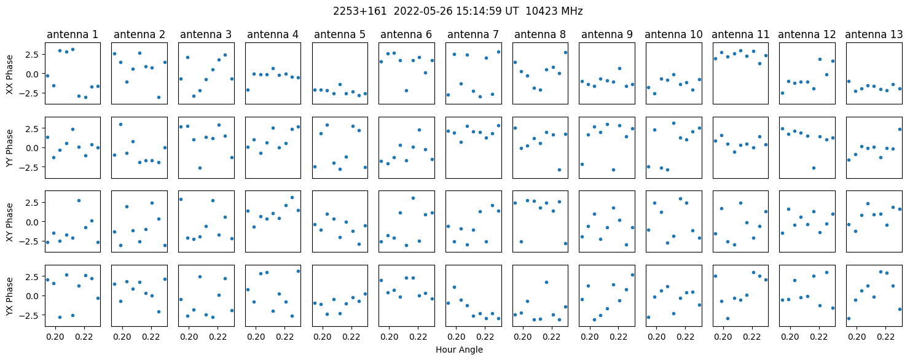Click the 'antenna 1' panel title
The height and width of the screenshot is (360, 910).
point(73,35)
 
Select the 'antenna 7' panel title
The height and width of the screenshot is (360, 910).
point(473,35)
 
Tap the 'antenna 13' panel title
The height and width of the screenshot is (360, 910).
point(874,35)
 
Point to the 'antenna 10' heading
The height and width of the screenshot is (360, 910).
point(673,35)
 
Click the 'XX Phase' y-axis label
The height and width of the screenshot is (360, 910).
point(9,75)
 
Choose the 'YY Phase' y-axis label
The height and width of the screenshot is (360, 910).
point(9,148)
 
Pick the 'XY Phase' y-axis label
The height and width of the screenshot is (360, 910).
point(9,222)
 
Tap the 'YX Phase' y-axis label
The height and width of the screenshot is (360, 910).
point(9,296)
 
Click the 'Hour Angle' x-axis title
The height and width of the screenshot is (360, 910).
point(459,350)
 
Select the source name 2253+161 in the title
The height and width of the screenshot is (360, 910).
point(360,12)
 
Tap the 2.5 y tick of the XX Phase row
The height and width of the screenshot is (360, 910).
point(34,55)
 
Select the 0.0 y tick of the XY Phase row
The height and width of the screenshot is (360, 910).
point(34,222)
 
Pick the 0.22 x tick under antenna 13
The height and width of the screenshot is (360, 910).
point(886,337)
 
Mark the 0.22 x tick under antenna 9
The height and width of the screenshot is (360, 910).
point(619,337)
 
